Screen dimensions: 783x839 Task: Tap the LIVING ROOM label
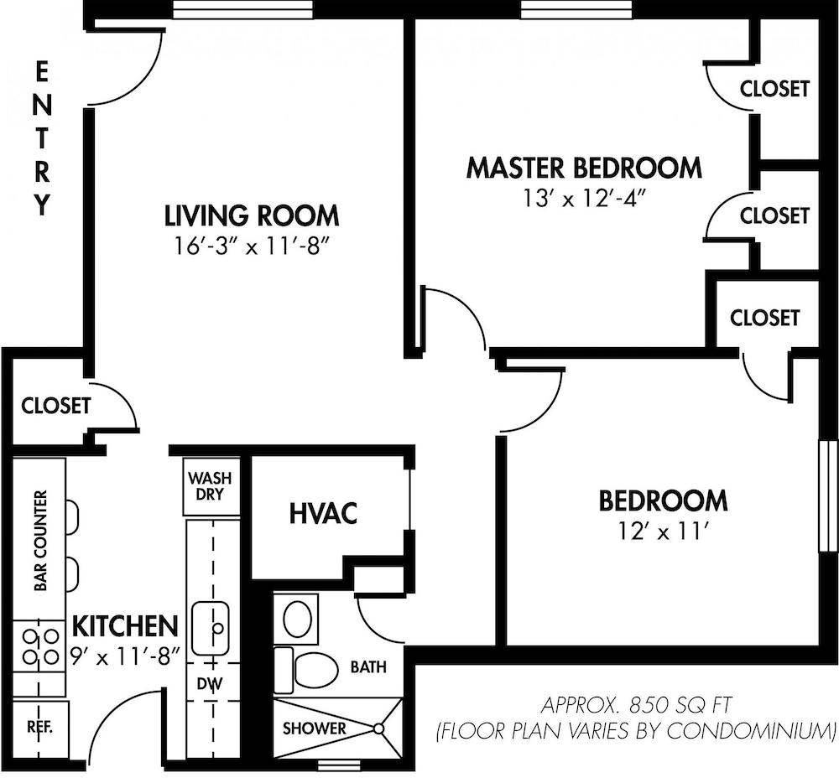pos(252,215)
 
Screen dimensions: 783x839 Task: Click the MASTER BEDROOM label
pos(584,168)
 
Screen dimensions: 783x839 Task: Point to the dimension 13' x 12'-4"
pos(584,199)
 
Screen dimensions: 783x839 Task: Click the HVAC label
pos(323,513)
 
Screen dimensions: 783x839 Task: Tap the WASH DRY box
pos(210,487)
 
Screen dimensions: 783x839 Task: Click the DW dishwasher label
pos(209,684)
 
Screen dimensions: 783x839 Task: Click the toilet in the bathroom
pos(315,668)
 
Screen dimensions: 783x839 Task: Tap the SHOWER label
pos(314,729)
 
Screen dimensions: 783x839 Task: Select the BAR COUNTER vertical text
pos(39,541)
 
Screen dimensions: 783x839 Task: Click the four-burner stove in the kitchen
pos(39,646)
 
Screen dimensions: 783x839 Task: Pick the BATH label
pos(368,667)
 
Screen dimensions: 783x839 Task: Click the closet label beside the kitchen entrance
pos(55,406)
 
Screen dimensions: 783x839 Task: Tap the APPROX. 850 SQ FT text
pos(635,703)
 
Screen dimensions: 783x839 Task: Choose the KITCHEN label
pos(125,625)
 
